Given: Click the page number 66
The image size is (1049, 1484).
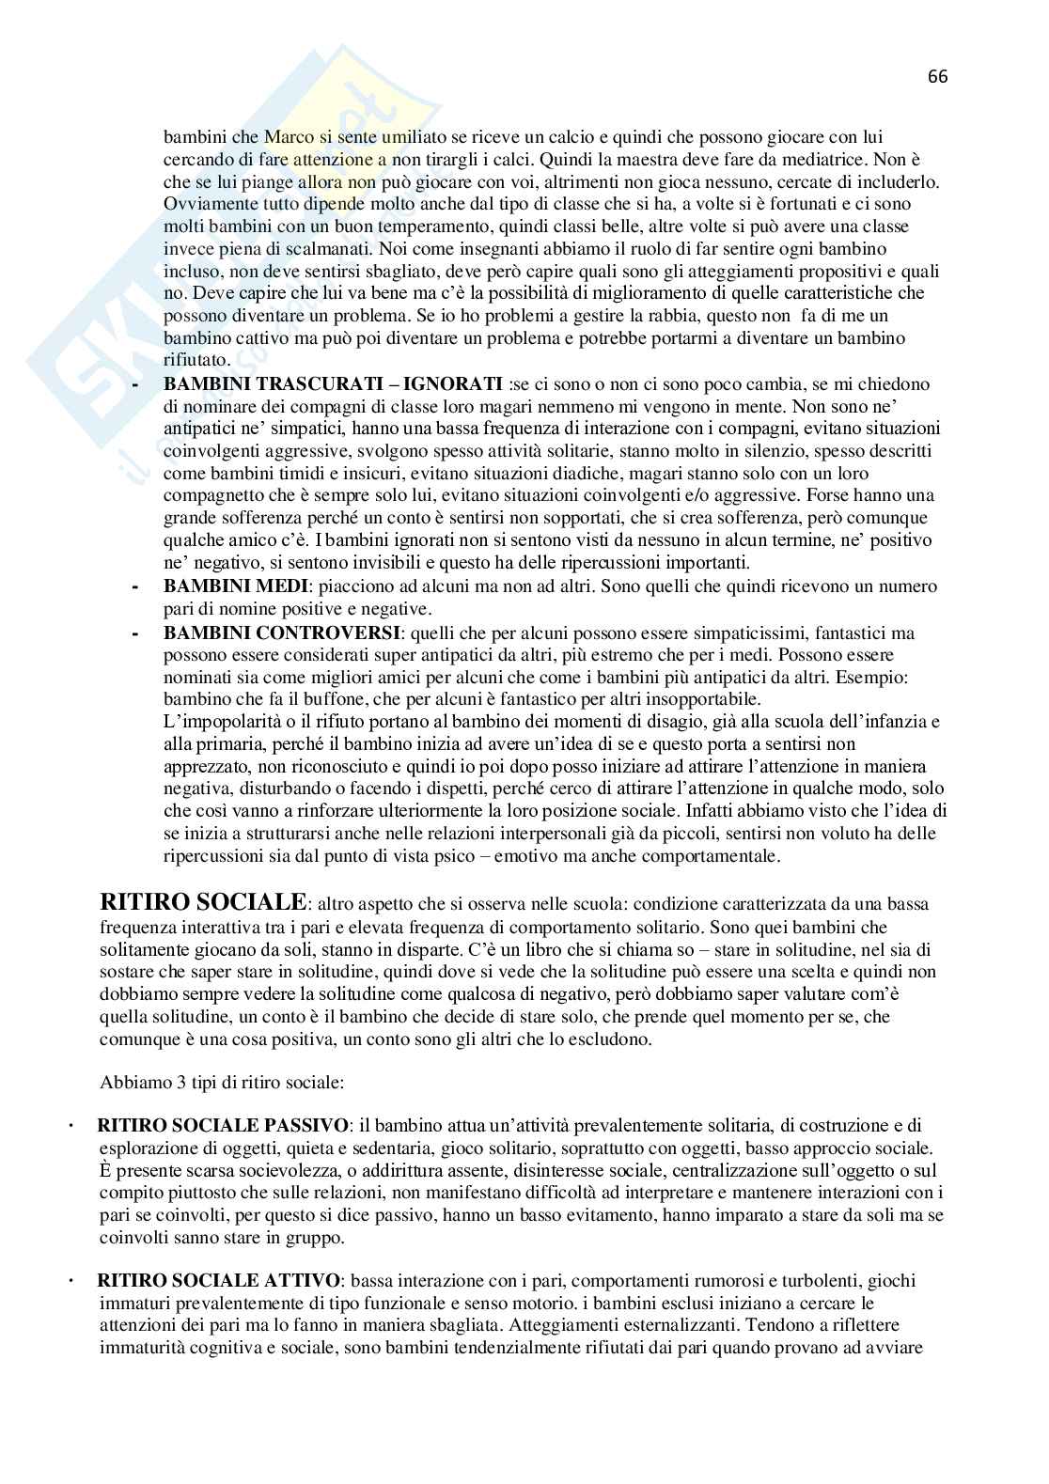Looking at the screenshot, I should point(937,77).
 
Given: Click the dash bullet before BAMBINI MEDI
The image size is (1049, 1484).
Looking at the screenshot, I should point(137,586).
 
